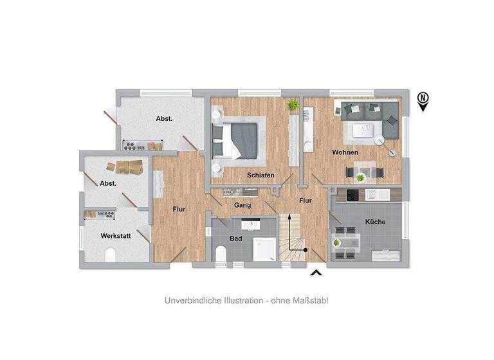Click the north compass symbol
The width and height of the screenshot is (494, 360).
coord(423,100)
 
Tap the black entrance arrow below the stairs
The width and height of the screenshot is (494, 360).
coord(316,274)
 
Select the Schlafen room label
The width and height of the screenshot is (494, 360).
coord(261,175)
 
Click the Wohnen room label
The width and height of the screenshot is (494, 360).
coord(345,152)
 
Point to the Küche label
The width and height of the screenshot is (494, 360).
coord(375,222)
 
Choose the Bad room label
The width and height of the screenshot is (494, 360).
coord(236,238)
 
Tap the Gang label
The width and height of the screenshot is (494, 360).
coord(242,205)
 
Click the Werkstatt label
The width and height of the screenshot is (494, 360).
coord(116,236)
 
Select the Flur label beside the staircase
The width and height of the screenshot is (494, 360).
coord(306,201)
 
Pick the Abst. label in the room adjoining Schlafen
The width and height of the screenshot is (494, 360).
coord(164,118)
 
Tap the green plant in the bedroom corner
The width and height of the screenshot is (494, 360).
coord(293,104)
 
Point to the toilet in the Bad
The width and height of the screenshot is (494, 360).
coord(221,256)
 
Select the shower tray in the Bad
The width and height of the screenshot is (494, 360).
coord(264,249)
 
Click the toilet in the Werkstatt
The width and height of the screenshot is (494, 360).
coord(109,256)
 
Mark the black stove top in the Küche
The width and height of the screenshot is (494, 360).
coord(353,195)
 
